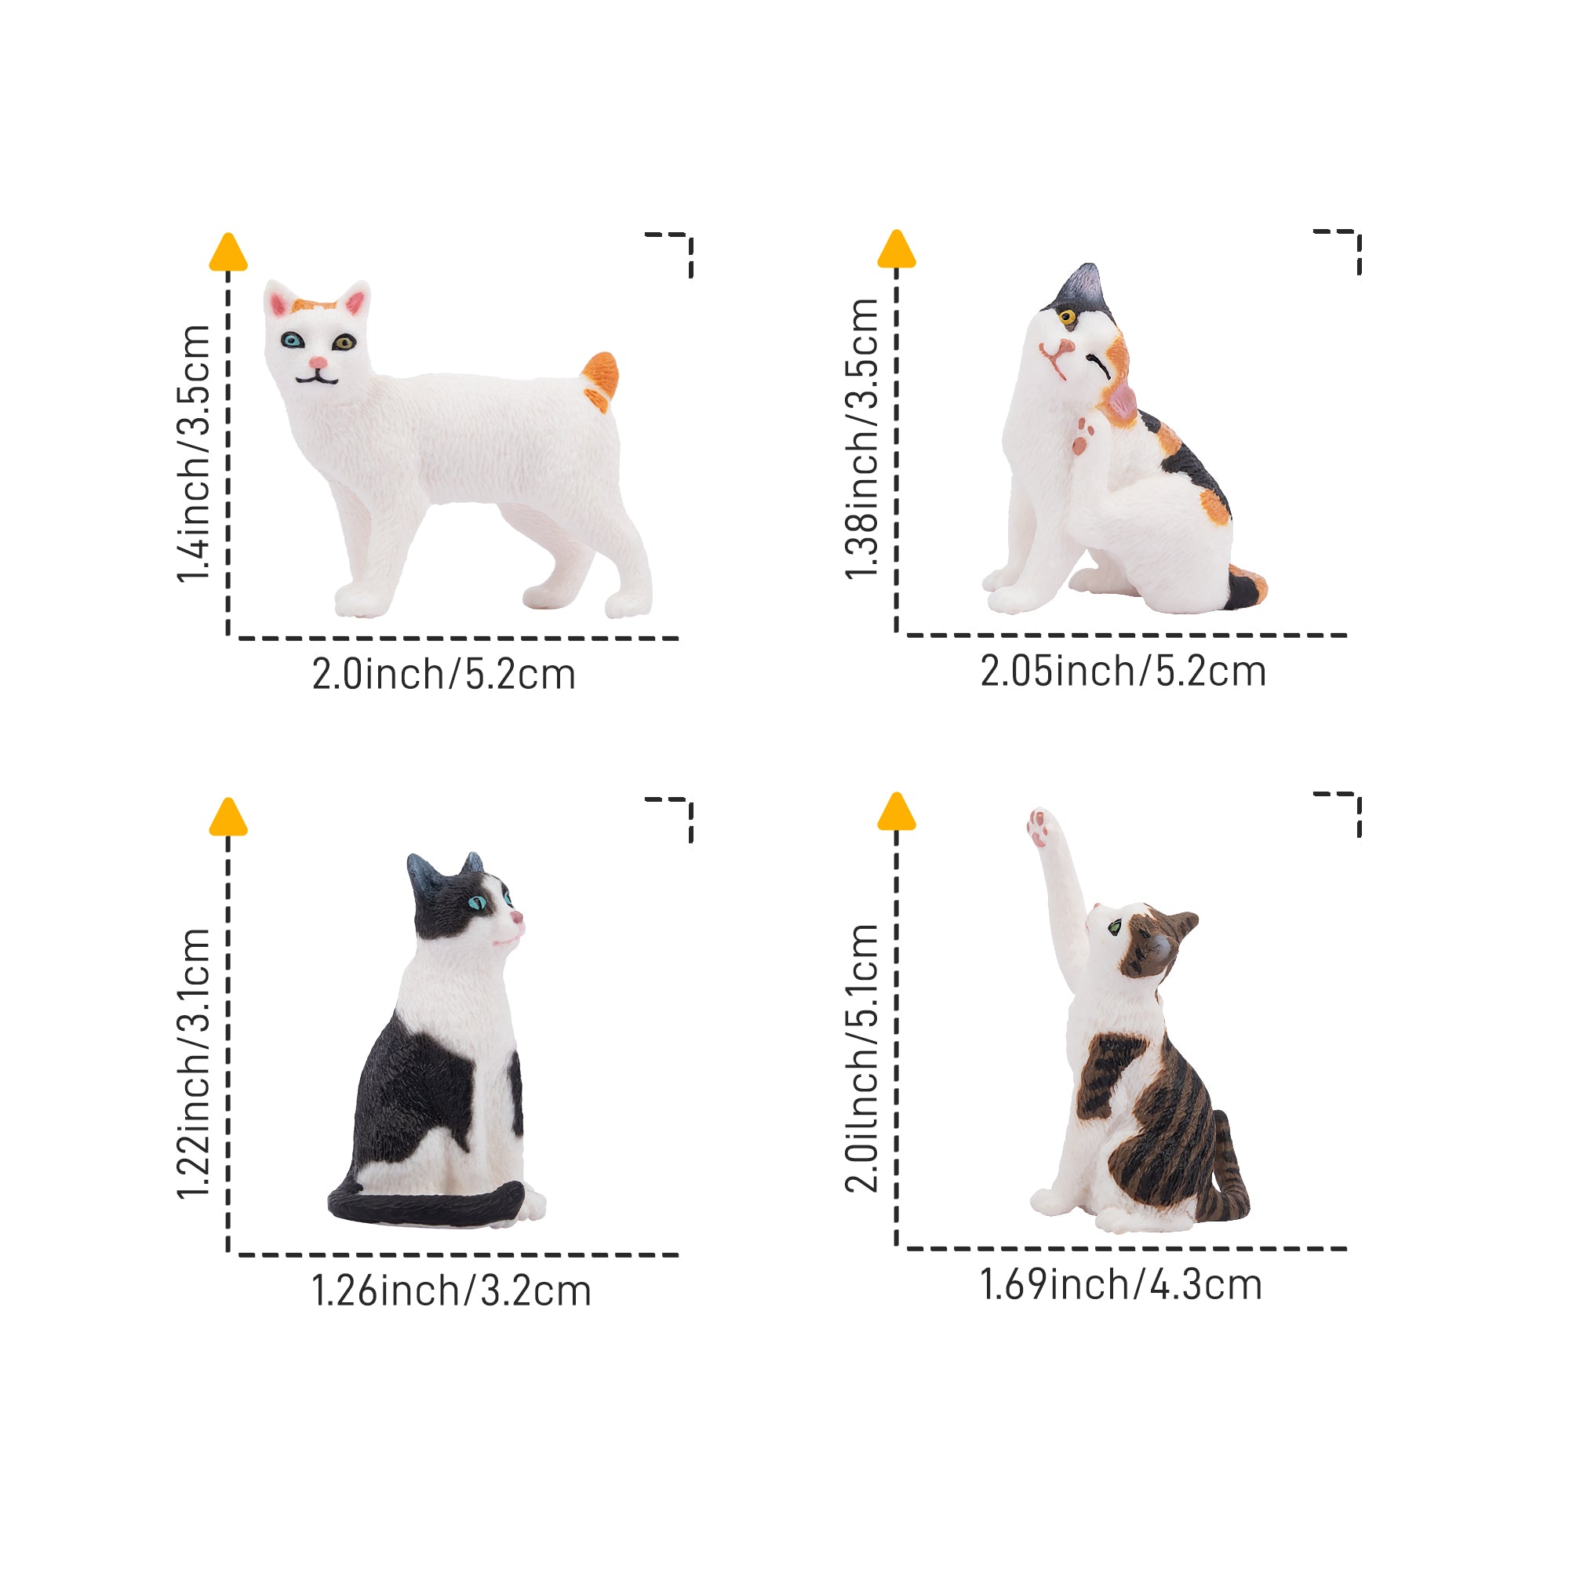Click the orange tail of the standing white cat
click(x=601, y=380)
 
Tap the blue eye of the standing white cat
click(x=293, y=340)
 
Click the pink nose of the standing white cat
click(x=318, y=362)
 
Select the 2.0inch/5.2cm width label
click(x=443, y=675)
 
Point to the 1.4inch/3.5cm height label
click(x=195, y=454)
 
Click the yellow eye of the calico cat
click(x=1067, y=316)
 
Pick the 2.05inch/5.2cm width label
click(x=1123, y=672)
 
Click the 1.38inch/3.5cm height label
click(x=862, y=439)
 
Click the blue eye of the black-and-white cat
click(x=478, y=902)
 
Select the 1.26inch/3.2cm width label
click(x=452, y=1291)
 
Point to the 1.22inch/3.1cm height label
click(x=195, y=1063)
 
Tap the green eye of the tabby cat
click(x=1115, y=925)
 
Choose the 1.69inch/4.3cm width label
click(x=1121, y=1285)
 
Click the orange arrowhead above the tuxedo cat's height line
click(x=228, y=816)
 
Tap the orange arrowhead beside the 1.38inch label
click(x=897, y=249)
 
